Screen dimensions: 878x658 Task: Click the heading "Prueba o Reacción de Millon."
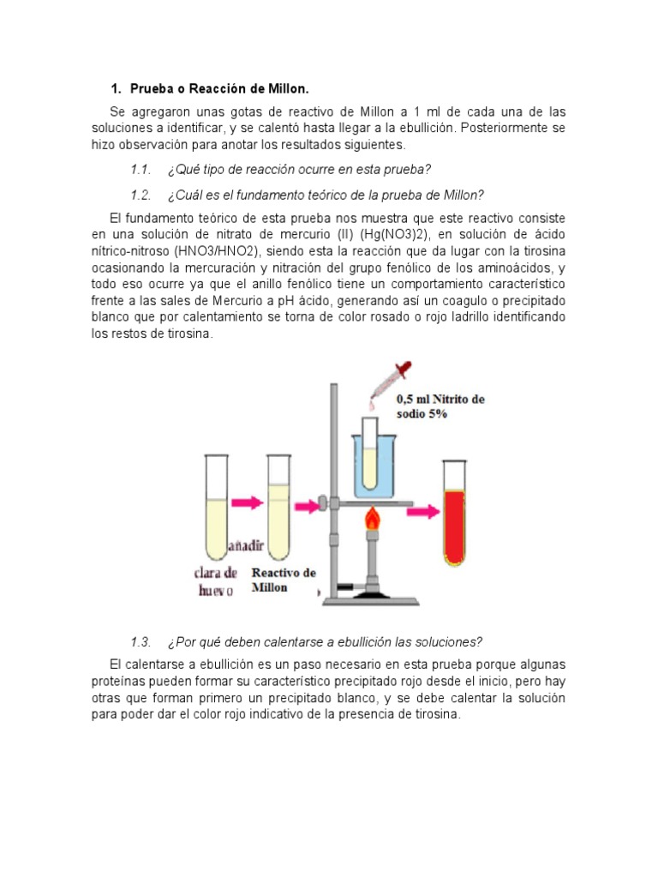tap(218, 89)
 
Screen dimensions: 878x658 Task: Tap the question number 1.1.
tap(141, 169)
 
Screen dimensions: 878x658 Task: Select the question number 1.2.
tap(141, 194)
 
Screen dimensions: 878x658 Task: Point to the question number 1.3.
tap(141, 642)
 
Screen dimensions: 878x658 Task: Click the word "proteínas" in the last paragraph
tap(119, 682)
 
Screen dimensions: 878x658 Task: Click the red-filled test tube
tap(453, 513)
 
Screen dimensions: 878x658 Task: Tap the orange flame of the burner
tap(372, 520)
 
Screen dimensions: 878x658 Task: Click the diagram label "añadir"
tap(246, 546)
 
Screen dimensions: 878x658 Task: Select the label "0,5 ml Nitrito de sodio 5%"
tap(440, 406)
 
